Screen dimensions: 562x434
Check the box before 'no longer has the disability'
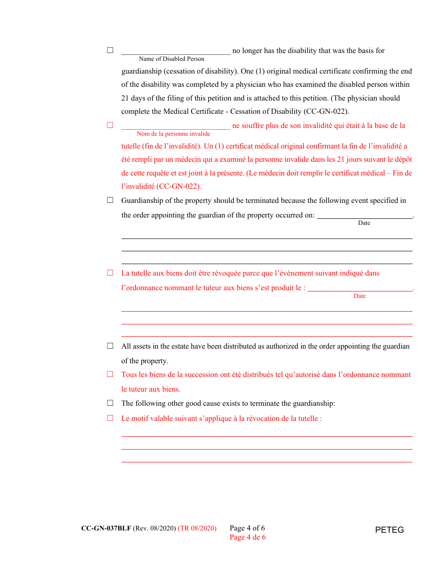(x=110, y=50)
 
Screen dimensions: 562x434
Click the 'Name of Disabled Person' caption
(x=171, y=59)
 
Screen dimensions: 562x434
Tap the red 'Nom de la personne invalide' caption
(x=174, y=134)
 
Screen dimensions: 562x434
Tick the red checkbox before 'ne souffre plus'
(x=110, y=125)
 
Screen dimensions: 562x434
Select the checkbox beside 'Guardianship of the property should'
(x=110, y=200)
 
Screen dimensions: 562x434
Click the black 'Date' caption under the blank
(x=364, y=223)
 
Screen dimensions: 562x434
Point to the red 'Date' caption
(x=360, y=296)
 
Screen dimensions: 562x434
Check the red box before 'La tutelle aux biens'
(x=110, y=273)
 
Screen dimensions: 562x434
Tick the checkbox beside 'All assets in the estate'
(x=110, y=346)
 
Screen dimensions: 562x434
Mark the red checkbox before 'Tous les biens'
(x=110, y=374)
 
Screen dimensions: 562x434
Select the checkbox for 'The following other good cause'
(x=110, y=403)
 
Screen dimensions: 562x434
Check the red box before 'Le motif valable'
(x=110, y=418)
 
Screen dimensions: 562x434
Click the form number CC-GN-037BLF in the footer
(x=106, y=528)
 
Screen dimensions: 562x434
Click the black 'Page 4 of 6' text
(x=247, y=528)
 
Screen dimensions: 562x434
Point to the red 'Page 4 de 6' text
(x=248, y=537)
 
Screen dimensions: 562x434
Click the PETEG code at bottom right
(x=389, y=530)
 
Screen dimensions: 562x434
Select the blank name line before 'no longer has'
(x=175, y=51)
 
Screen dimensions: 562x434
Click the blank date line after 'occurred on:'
(x=365, y=215)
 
